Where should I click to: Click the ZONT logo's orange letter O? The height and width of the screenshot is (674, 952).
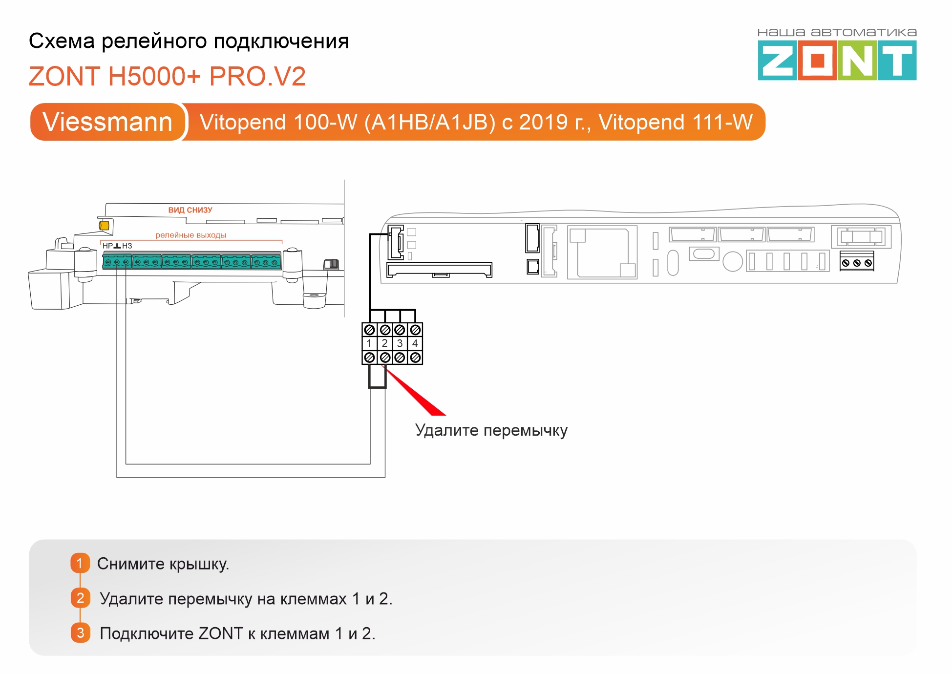point(817,61)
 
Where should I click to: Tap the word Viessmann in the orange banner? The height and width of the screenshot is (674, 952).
point(107,122)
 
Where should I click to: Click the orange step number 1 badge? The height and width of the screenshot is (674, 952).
point(80,563)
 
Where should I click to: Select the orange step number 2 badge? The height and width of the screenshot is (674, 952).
point(81,598)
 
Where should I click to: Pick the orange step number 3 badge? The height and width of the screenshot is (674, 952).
point(81,633)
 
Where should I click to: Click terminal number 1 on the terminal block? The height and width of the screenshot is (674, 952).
point(369,343)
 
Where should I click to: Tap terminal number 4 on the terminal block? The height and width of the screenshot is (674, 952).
point(415,343)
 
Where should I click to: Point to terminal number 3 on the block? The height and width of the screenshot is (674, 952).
point(400,343)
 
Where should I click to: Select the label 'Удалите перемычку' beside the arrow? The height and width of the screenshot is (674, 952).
point(491,430)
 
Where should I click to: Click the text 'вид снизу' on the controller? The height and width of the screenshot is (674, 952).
point(190,210)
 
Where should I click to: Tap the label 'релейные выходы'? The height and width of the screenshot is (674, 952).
point(190,235)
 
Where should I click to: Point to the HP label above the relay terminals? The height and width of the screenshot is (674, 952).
point(107,246)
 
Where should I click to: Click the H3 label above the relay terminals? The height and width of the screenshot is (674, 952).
point(127,246)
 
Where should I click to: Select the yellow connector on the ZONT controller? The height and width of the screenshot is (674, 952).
point(104,226)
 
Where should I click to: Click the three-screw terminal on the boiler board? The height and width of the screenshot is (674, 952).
point(857,263)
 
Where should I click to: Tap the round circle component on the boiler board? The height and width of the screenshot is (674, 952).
point(732,261)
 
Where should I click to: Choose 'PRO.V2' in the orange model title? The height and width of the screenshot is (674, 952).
point(257,76)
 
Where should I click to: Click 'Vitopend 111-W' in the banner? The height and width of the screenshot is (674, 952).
point(676,122)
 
